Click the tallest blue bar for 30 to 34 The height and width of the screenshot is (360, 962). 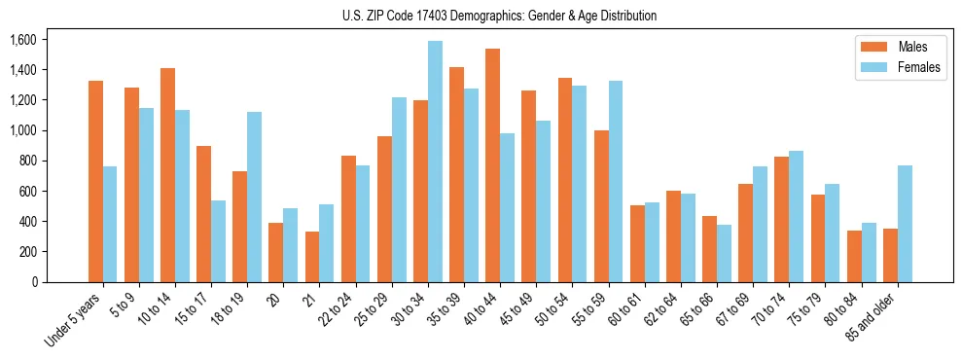[x=435, y=162]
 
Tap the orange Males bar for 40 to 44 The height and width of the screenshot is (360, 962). [x=492, y=165]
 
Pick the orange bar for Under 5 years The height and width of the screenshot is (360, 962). [x=95, y=181]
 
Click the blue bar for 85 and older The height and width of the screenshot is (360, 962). [x=905, y=224]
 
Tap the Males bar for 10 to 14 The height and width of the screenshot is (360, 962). [x=167, y=175]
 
